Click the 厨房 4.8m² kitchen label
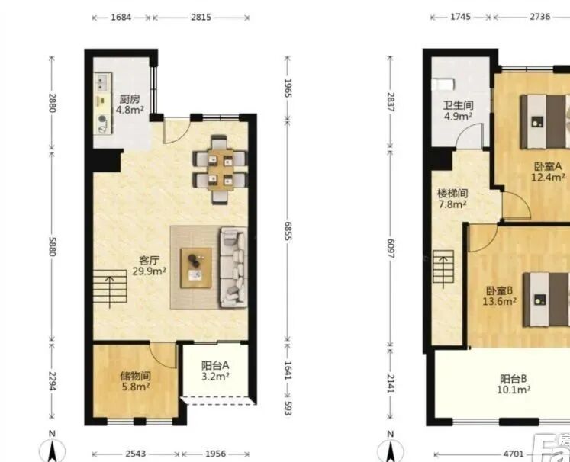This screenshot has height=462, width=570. point(130,104)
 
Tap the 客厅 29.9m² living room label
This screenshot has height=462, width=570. point(150,266)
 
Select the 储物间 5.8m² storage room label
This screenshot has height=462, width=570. point(136,381)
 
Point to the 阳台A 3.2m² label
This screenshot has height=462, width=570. point(215,371)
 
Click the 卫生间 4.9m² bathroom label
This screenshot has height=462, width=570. point(458,111)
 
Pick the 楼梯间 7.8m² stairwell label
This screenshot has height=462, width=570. point(452,199)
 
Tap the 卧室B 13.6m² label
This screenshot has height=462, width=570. point(500,296)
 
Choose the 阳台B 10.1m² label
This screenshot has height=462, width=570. point(514,384)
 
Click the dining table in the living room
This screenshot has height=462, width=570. point(220,169)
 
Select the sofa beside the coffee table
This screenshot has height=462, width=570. point(233,268)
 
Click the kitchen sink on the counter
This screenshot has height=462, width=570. point(103,83)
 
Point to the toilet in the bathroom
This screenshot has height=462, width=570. point(443,85)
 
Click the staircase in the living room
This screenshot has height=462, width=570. point(109,287)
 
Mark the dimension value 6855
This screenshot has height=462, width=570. point(287,231)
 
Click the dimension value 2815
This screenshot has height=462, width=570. point(201,17)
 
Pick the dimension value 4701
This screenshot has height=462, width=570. point(514,454)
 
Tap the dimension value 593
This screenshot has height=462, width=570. point(287,408)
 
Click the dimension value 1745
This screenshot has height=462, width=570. point(460,17)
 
